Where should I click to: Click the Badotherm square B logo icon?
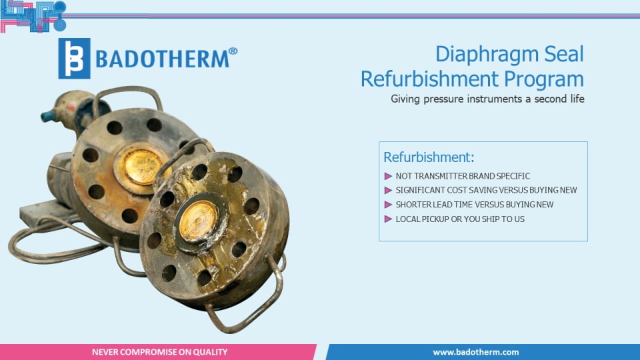[x=74, y=59]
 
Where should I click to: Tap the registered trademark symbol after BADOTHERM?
[x=233, y=51]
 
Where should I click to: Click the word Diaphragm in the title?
[x=486, y=54]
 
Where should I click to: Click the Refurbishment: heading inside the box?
[x=429, y=157]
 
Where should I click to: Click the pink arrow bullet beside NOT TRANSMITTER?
[x=388, y=176]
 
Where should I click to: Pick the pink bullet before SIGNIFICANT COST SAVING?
[x=388, y=190]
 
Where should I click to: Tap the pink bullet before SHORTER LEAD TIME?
[x=388, y=205]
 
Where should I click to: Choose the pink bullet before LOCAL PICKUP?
[x=388, y=219]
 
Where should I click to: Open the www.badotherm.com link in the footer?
[x=476, y=352]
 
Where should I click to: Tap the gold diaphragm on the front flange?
[x=199, y=221]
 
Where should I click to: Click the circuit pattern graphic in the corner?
[x=33, y=16]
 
